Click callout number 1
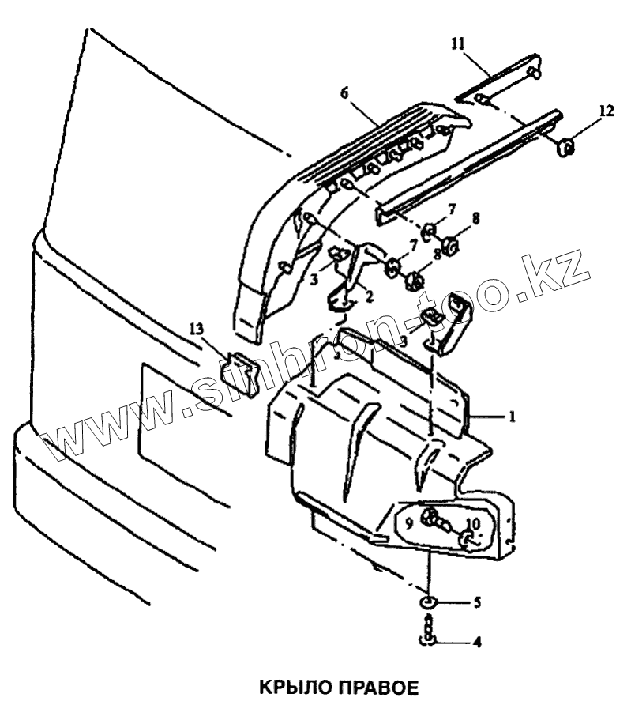[x=512, y=414]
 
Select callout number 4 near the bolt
[x=477, y=643]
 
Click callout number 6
[x=344, y=92]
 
